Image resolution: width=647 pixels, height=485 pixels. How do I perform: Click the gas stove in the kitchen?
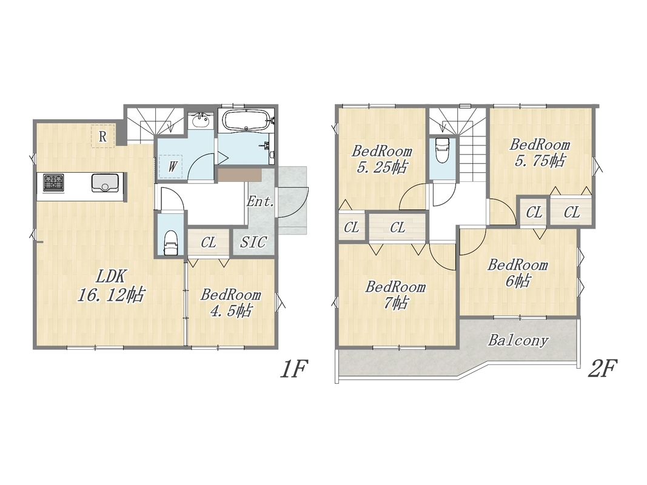pos(53,182)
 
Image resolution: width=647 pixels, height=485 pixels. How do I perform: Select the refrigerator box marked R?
pos(102,136)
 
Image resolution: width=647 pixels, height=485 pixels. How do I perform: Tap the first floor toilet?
pos(171,243)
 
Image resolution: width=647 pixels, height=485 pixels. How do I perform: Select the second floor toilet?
pos(442,151)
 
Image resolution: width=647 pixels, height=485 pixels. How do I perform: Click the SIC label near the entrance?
pos(253,242)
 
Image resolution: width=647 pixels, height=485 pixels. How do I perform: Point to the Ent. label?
pos(261,202)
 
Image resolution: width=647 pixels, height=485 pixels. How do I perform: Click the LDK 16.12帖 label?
pos(111,286)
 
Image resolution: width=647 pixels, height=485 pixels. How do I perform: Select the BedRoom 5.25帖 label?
pos(381,159)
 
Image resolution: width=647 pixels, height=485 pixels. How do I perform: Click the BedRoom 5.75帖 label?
pos(539,152)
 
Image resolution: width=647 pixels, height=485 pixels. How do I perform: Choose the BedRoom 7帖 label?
pos(395,295)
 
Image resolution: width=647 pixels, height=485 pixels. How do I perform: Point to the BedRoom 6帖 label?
pos(517,273)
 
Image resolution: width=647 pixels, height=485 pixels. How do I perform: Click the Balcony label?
pos(518,340)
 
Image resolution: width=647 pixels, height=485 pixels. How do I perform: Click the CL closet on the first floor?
pos(209,242)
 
